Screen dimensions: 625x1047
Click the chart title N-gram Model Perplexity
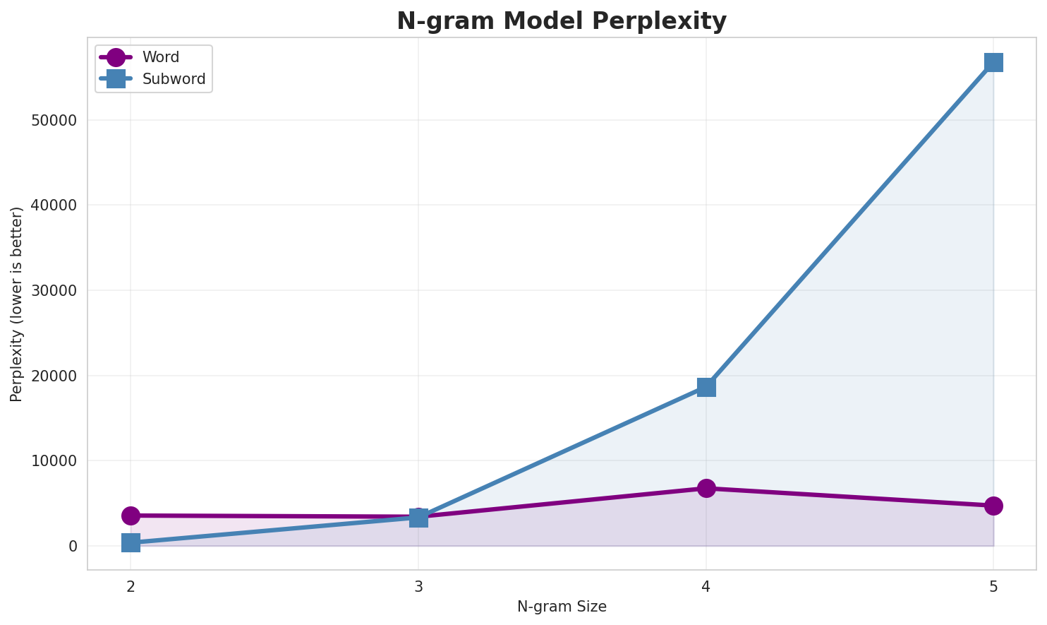click(x=561, y=21)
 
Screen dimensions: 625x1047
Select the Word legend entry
click(x=160, y=57)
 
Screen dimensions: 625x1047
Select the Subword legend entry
click(x=174, y=79)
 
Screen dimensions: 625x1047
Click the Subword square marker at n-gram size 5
click(x=993, y=62)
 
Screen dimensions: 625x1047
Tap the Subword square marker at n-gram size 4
click(x=706, y=387)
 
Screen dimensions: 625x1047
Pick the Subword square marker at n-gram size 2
click(x=131, y=542)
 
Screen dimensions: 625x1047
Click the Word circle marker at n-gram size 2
click(x=131, y=516)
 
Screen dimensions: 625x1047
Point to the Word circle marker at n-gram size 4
click(x=706, y=488)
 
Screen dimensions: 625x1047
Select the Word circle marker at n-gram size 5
click(x=993, y=506)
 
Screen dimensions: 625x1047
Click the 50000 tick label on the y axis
click(x=54, y=120)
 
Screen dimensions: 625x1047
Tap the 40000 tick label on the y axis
click(x=54, y=206)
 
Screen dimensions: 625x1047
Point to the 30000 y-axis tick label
click(x=54, y=291)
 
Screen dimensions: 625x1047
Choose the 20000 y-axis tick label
click(x=54, y=376)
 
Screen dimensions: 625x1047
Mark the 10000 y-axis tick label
click(x=54, y=461)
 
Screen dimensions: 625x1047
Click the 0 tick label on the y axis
click(x=73, y=547)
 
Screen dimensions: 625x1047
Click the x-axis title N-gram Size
click(x=562, y=607)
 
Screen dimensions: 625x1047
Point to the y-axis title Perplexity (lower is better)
click(x=17, y=304)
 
